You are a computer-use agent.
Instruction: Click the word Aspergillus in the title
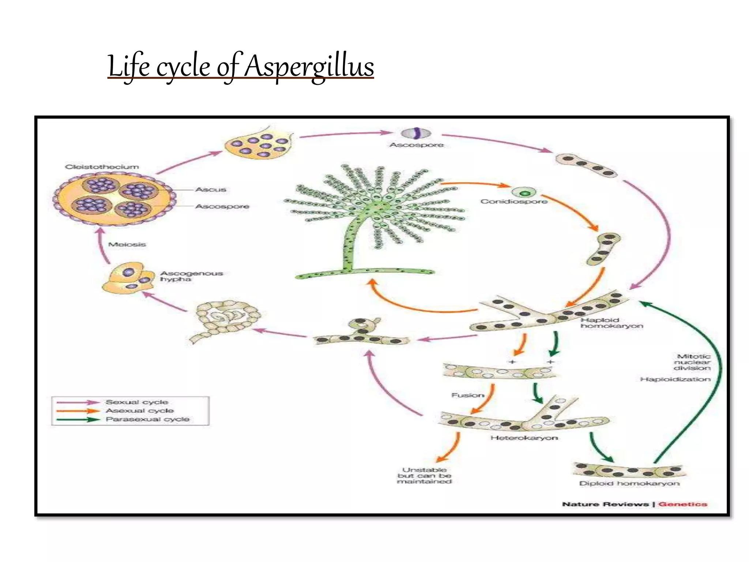coord(309,67)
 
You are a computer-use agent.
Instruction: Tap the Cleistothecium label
coord(102,167)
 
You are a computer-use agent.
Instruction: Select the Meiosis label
coord(127,244)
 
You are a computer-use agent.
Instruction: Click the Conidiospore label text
coord(514,201)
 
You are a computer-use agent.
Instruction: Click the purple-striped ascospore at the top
coord(416,134)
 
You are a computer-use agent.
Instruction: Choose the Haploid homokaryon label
coord(611,323)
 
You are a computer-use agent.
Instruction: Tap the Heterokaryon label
coord(524,438)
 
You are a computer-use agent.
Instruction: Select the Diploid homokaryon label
coord(629,484)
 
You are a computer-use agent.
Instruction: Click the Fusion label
coord(468,395)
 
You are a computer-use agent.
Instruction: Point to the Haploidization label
coord(675,379)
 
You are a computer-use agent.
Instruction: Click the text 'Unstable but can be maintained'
coord(424,476)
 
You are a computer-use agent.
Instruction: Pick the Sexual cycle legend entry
coord(137,402)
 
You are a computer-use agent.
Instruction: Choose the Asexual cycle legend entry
coord(140,411)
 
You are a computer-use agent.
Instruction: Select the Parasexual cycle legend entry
coord(147,419)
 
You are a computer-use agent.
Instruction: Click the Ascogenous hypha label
coord(191,276)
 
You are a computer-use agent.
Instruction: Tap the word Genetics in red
coord(683,504)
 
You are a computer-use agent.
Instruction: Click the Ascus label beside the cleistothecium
coord(211,190)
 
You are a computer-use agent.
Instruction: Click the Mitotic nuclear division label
coord(692,362)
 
